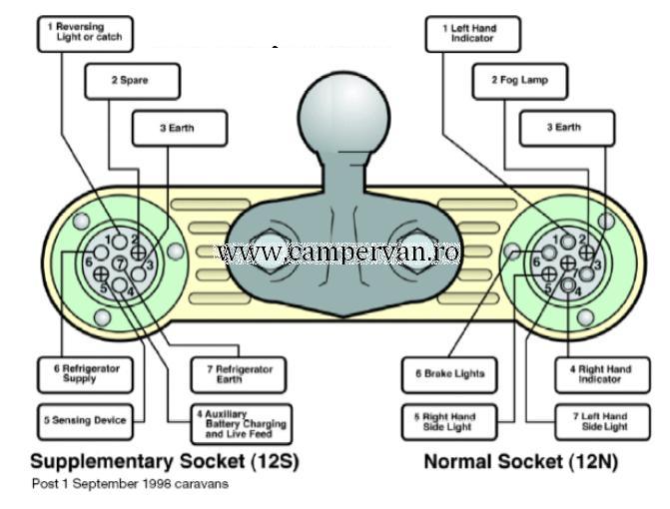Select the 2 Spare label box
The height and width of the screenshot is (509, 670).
pos(132,80)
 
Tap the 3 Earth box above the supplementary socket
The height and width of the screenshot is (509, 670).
pos(180,127)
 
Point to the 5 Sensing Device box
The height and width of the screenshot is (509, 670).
pos(85,420)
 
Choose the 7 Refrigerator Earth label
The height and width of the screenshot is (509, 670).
pos(238,373)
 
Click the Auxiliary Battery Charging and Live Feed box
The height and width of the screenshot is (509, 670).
pos(241,424)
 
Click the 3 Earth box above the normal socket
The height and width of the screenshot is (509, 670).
pos(563,127)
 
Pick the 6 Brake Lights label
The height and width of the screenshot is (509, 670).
pos(449,374)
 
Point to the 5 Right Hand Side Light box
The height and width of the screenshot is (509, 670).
pos(449,421)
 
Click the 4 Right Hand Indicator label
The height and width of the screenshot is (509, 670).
pos(601,373)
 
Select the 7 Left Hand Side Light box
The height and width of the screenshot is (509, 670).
pos(600,421)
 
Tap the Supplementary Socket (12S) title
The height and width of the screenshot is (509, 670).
pos(165,462)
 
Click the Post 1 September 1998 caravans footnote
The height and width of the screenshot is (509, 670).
pos(130,484)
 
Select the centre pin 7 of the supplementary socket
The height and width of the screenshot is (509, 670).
pos(120,263)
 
